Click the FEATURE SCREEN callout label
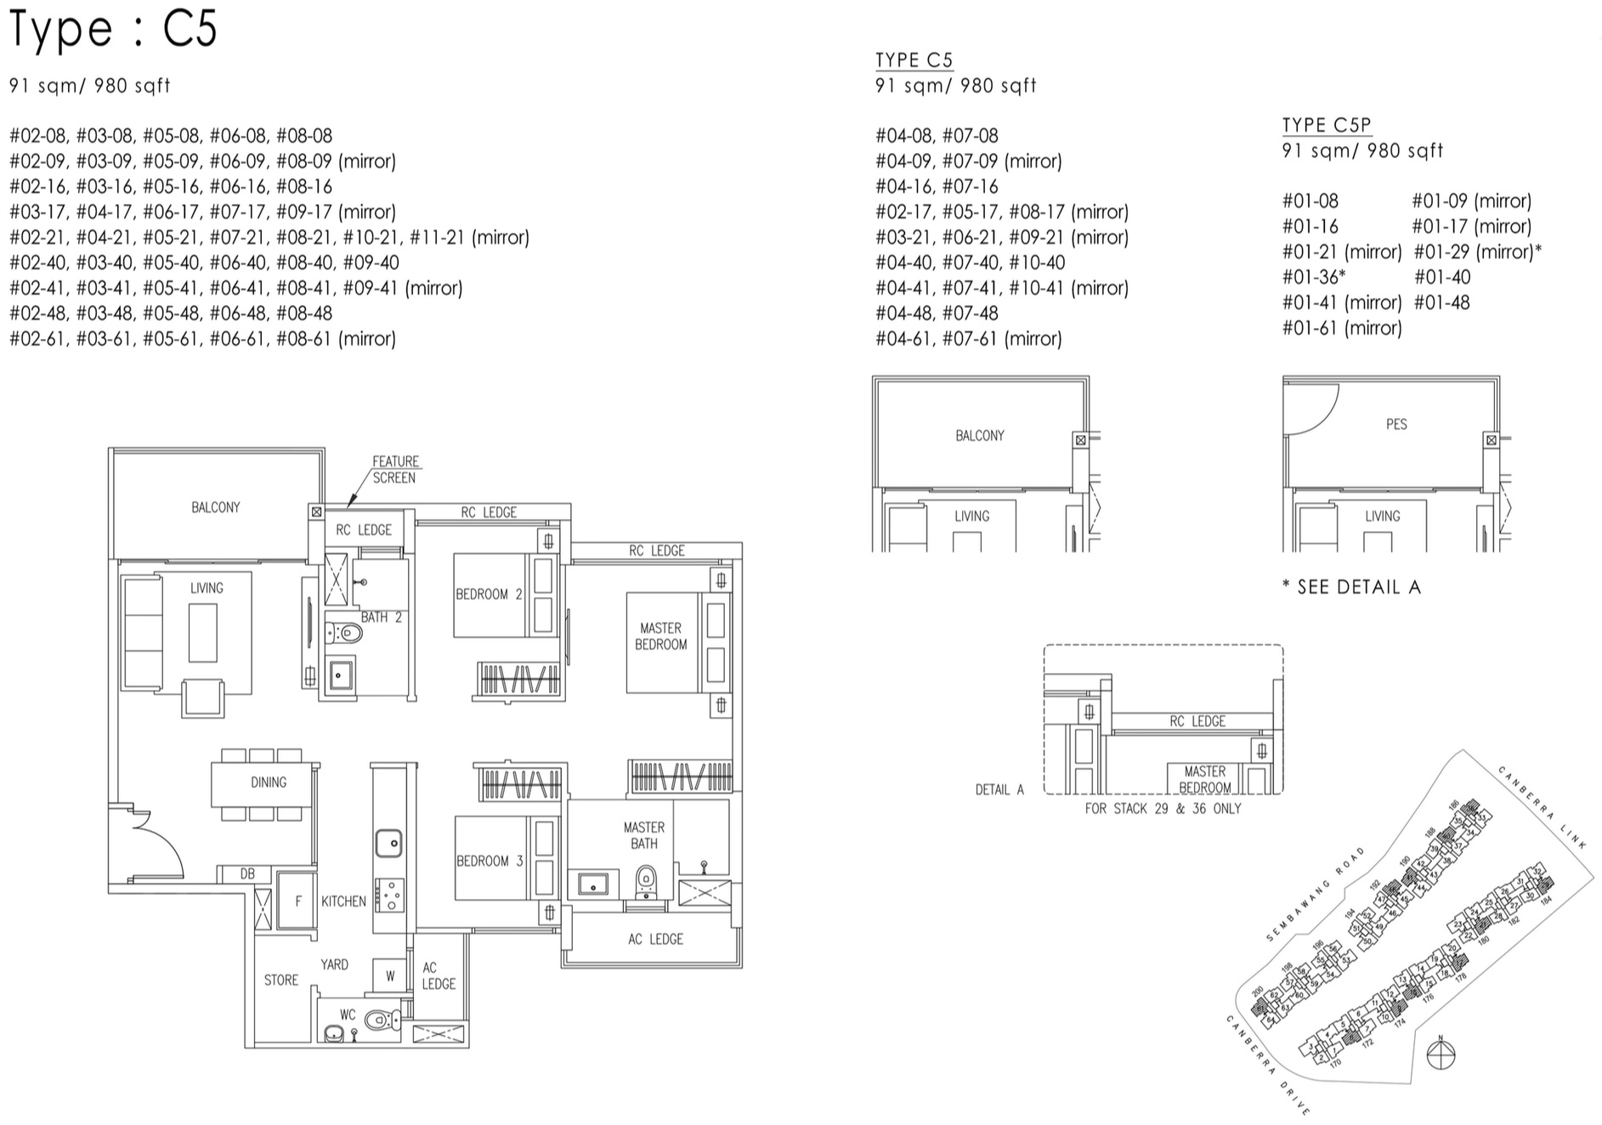coord(395,470)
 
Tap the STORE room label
coord(280,980)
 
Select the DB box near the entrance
coord(246,873)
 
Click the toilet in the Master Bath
coord(646,882)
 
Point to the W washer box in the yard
coord(390,975)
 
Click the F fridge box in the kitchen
coord(297,902)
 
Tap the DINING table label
coord(268,782)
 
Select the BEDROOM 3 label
coord(489,861)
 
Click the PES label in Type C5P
coord(1396,424)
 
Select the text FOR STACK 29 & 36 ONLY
coord(1163,809)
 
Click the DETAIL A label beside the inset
coord(999,789)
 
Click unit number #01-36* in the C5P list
coord(1313,277)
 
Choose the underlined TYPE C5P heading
coord(1326,125)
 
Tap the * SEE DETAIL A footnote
coord(1351,587)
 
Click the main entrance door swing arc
coord(161,841)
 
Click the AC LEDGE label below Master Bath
coord(655,939)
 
